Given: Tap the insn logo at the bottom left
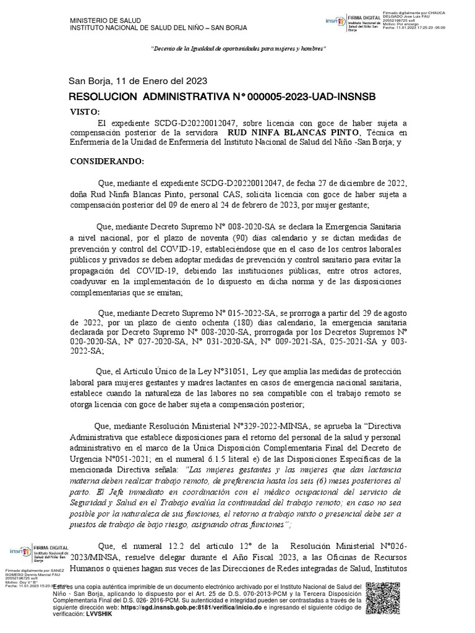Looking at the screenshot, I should (22, 551).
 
